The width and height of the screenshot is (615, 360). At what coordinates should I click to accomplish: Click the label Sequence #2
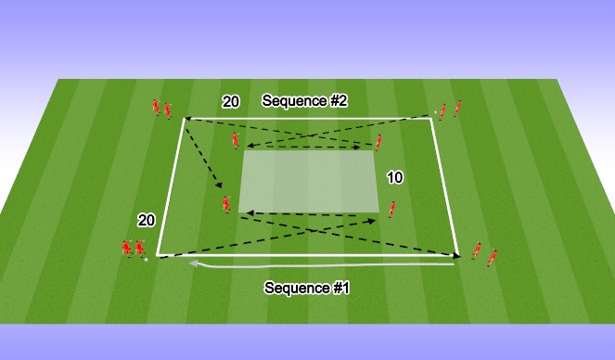[x=304, y=101]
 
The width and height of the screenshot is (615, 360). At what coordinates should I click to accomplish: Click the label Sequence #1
[x=307, y=288]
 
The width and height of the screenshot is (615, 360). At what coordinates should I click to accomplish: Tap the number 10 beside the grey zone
[x=394, y=177]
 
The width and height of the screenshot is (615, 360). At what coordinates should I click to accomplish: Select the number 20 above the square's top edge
[x=231, y=102]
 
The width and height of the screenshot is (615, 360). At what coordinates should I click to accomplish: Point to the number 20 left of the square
[x=146, y=220]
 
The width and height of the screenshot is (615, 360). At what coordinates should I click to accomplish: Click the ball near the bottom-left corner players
[x=147, y=260]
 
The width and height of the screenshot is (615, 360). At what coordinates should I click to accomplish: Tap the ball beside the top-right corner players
[x=435, y=113]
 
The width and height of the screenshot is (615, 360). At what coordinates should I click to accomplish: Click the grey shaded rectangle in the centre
[x=310, y=181]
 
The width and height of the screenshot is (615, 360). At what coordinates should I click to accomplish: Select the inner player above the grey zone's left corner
[x=236, y=140]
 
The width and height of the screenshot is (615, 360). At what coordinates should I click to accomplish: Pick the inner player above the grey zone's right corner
[x=378, y=141]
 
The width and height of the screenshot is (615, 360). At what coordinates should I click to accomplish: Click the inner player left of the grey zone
[x=224, y=203]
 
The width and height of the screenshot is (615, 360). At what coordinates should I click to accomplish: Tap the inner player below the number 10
[x=392, y=209]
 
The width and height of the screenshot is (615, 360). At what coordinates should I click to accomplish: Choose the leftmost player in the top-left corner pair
[x=157, y=107]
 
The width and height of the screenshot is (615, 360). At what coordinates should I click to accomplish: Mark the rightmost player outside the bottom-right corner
[x=492, y=257]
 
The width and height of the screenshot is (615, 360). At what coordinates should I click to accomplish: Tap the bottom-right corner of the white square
[x=457, y=253]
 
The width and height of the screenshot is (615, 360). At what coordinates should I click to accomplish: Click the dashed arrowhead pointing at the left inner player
[x=220, y=191]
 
